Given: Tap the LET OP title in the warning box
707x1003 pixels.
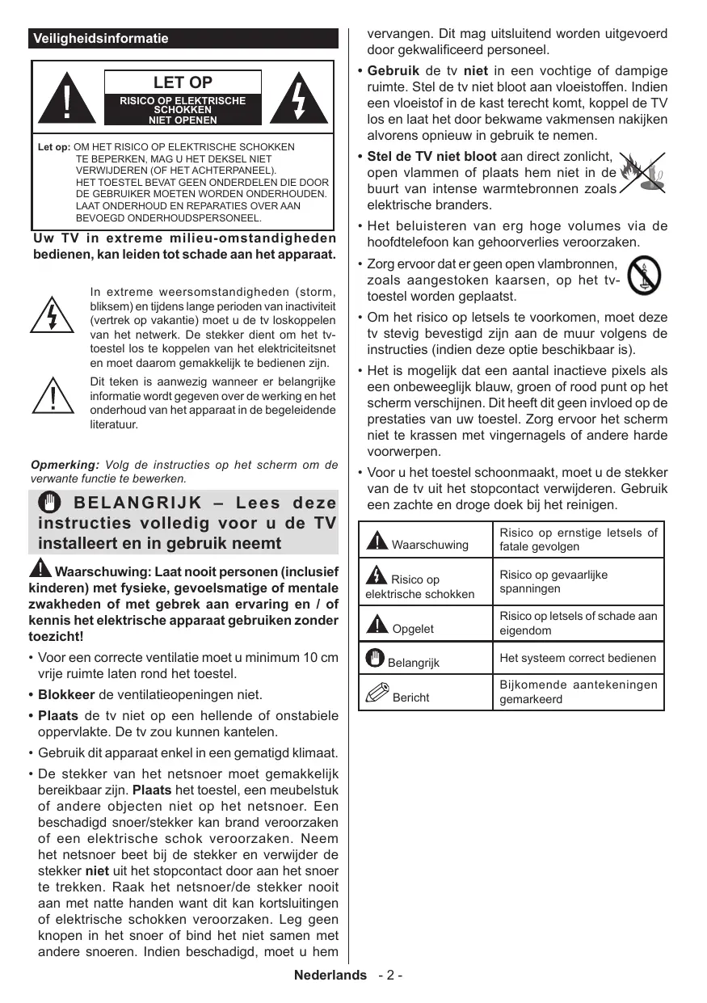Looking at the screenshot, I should (x=183, y=82).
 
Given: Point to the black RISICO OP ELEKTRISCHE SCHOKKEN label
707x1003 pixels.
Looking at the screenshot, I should (x=183, y=110).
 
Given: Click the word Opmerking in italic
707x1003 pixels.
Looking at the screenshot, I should (x=64, y=465).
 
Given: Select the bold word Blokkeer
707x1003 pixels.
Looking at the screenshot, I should (x=66, y=695).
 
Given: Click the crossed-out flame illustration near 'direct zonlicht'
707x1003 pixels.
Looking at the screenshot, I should (x=643, y=174).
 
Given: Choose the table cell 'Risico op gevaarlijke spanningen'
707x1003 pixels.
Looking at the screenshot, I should (x=578, y=582).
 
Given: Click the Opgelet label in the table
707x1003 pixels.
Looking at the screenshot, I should (x=412, y=628).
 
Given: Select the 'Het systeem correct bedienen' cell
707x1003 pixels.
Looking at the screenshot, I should (x=578, y=658).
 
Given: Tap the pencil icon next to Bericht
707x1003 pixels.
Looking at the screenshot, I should (x=377, y=693).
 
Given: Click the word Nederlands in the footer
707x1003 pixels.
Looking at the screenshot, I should (x=330, y=976).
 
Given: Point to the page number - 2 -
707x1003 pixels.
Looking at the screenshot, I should (x=389, y=976).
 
